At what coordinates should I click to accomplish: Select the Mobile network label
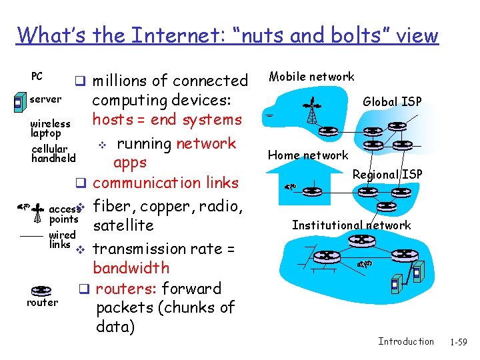tap(311, 77)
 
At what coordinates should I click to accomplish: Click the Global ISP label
tap(392, 102)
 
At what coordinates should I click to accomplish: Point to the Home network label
tap(308, 155)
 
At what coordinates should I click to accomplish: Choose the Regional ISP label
tap(387, 175)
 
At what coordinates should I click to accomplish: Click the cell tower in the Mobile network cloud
tap(311, 110)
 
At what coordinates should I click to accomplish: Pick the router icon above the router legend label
tap(41, 290)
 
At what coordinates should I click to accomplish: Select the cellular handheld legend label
tap(53, 154)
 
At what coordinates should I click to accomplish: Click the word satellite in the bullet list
tap(123, 225)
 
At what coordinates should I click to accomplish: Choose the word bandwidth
tap(131, 268)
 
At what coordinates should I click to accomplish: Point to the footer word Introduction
tap(405, 342)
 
